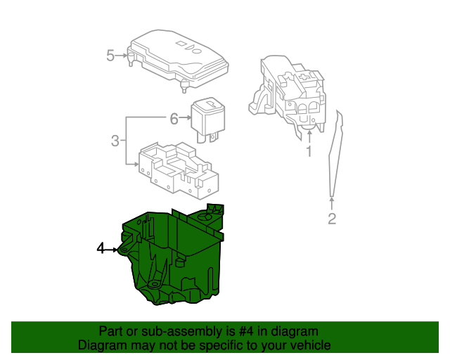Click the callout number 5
110,55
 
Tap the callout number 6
174,119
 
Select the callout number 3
115,141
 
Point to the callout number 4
101,248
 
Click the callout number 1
308,152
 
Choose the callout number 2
332,219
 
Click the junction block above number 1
288,91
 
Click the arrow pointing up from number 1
308,135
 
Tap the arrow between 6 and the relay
186,119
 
